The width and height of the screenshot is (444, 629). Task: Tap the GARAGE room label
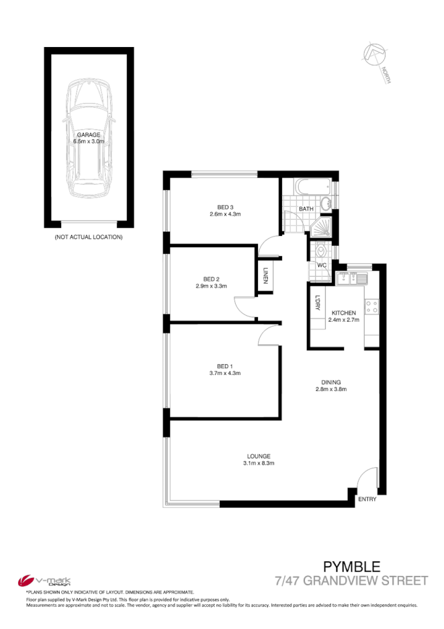click(x=88, y=135)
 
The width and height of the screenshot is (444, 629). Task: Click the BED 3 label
click(x=224, y=206)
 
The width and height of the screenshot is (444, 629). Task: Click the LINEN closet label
click(x=266, y=276)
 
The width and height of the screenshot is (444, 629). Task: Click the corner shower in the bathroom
click(x=322, y=226)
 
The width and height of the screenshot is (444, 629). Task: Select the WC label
click(x=321, y=265)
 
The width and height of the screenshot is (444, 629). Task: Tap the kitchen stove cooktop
click(x=372, y=307)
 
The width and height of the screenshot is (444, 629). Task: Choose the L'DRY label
click(x=317, y=303)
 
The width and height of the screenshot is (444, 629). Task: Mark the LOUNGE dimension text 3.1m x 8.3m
click(x=259, y=464)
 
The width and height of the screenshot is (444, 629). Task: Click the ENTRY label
click(x=367, y=499)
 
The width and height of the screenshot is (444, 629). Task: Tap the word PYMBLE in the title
click(x=352, y=567)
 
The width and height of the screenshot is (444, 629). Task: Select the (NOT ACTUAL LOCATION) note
click(x=88, y=237)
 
